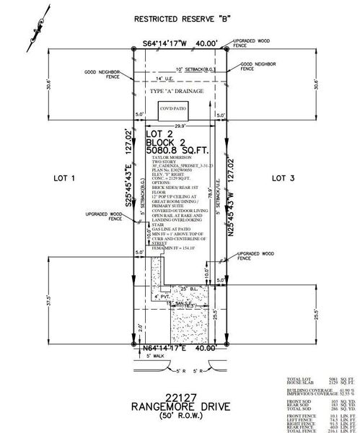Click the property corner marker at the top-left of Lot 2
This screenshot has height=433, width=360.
135,49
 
